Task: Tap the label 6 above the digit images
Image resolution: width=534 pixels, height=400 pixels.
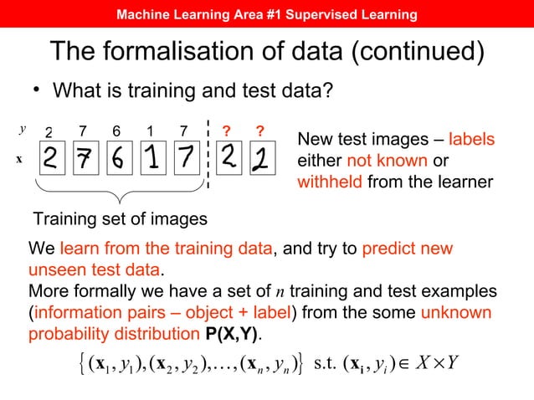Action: coord(116,131)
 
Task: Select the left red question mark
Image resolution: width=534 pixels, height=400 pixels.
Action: coord(225,131)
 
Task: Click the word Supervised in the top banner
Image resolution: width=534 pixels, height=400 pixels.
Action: coord(310,15)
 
